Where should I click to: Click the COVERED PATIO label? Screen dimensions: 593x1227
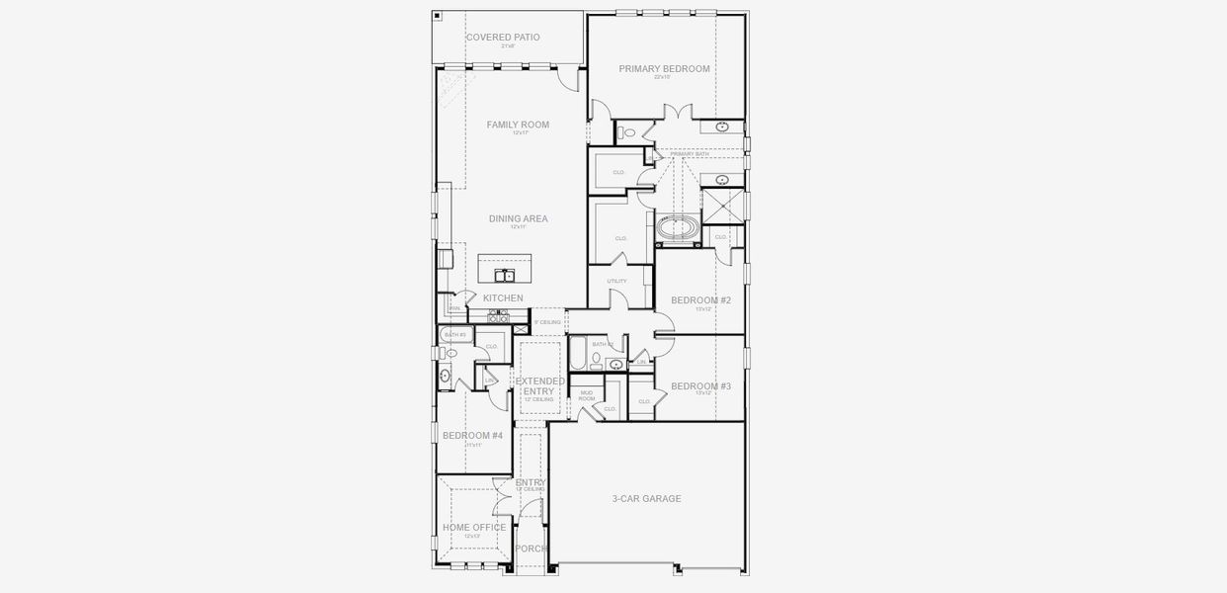coord(503,38)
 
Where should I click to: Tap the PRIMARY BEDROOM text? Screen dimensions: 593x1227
coord(664,69)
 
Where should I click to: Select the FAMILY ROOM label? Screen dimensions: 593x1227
coord(518,125)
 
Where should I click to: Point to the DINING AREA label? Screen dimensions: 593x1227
coord(518,219)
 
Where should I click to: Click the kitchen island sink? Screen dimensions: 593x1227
coord(504,275)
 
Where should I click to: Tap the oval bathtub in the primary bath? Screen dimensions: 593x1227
coord(677,228)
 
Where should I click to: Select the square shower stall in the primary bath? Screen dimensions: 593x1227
coord(722,207)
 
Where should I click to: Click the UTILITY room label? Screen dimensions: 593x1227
coord(617,282)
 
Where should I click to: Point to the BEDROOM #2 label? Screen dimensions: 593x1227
coord(700,300)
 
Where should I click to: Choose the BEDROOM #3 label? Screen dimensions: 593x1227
coord(700,386)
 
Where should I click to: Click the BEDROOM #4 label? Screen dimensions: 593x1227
coord(472,436)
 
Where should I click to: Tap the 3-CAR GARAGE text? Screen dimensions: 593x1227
coord(646,499)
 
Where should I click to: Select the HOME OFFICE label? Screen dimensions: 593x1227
coord(474,528)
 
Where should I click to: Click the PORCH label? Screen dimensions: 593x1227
coord(531,549)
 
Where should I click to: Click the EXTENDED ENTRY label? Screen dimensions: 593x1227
coord(539,386)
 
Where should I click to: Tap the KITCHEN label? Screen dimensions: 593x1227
coord(503,298)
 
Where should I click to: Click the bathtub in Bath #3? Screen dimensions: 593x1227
coord(456,335)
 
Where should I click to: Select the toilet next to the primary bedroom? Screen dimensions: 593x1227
coord(628,133)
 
